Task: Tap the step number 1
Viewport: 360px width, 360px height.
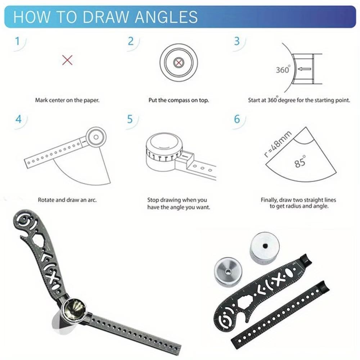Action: coord(17,42)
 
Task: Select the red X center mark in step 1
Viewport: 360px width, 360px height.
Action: coord(67,60)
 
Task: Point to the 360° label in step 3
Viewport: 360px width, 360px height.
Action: coord(283,70)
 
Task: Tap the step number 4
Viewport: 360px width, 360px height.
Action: coord(18,119)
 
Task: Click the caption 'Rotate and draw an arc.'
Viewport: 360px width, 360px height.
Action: coord(67,199)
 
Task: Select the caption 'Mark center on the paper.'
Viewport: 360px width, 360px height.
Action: coord(67,100)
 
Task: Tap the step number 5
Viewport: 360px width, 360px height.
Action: coord(130,119)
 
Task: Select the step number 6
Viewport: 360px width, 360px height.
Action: coord(237,119)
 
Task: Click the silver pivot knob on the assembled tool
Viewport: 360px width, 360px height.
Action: coord(73,309)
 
